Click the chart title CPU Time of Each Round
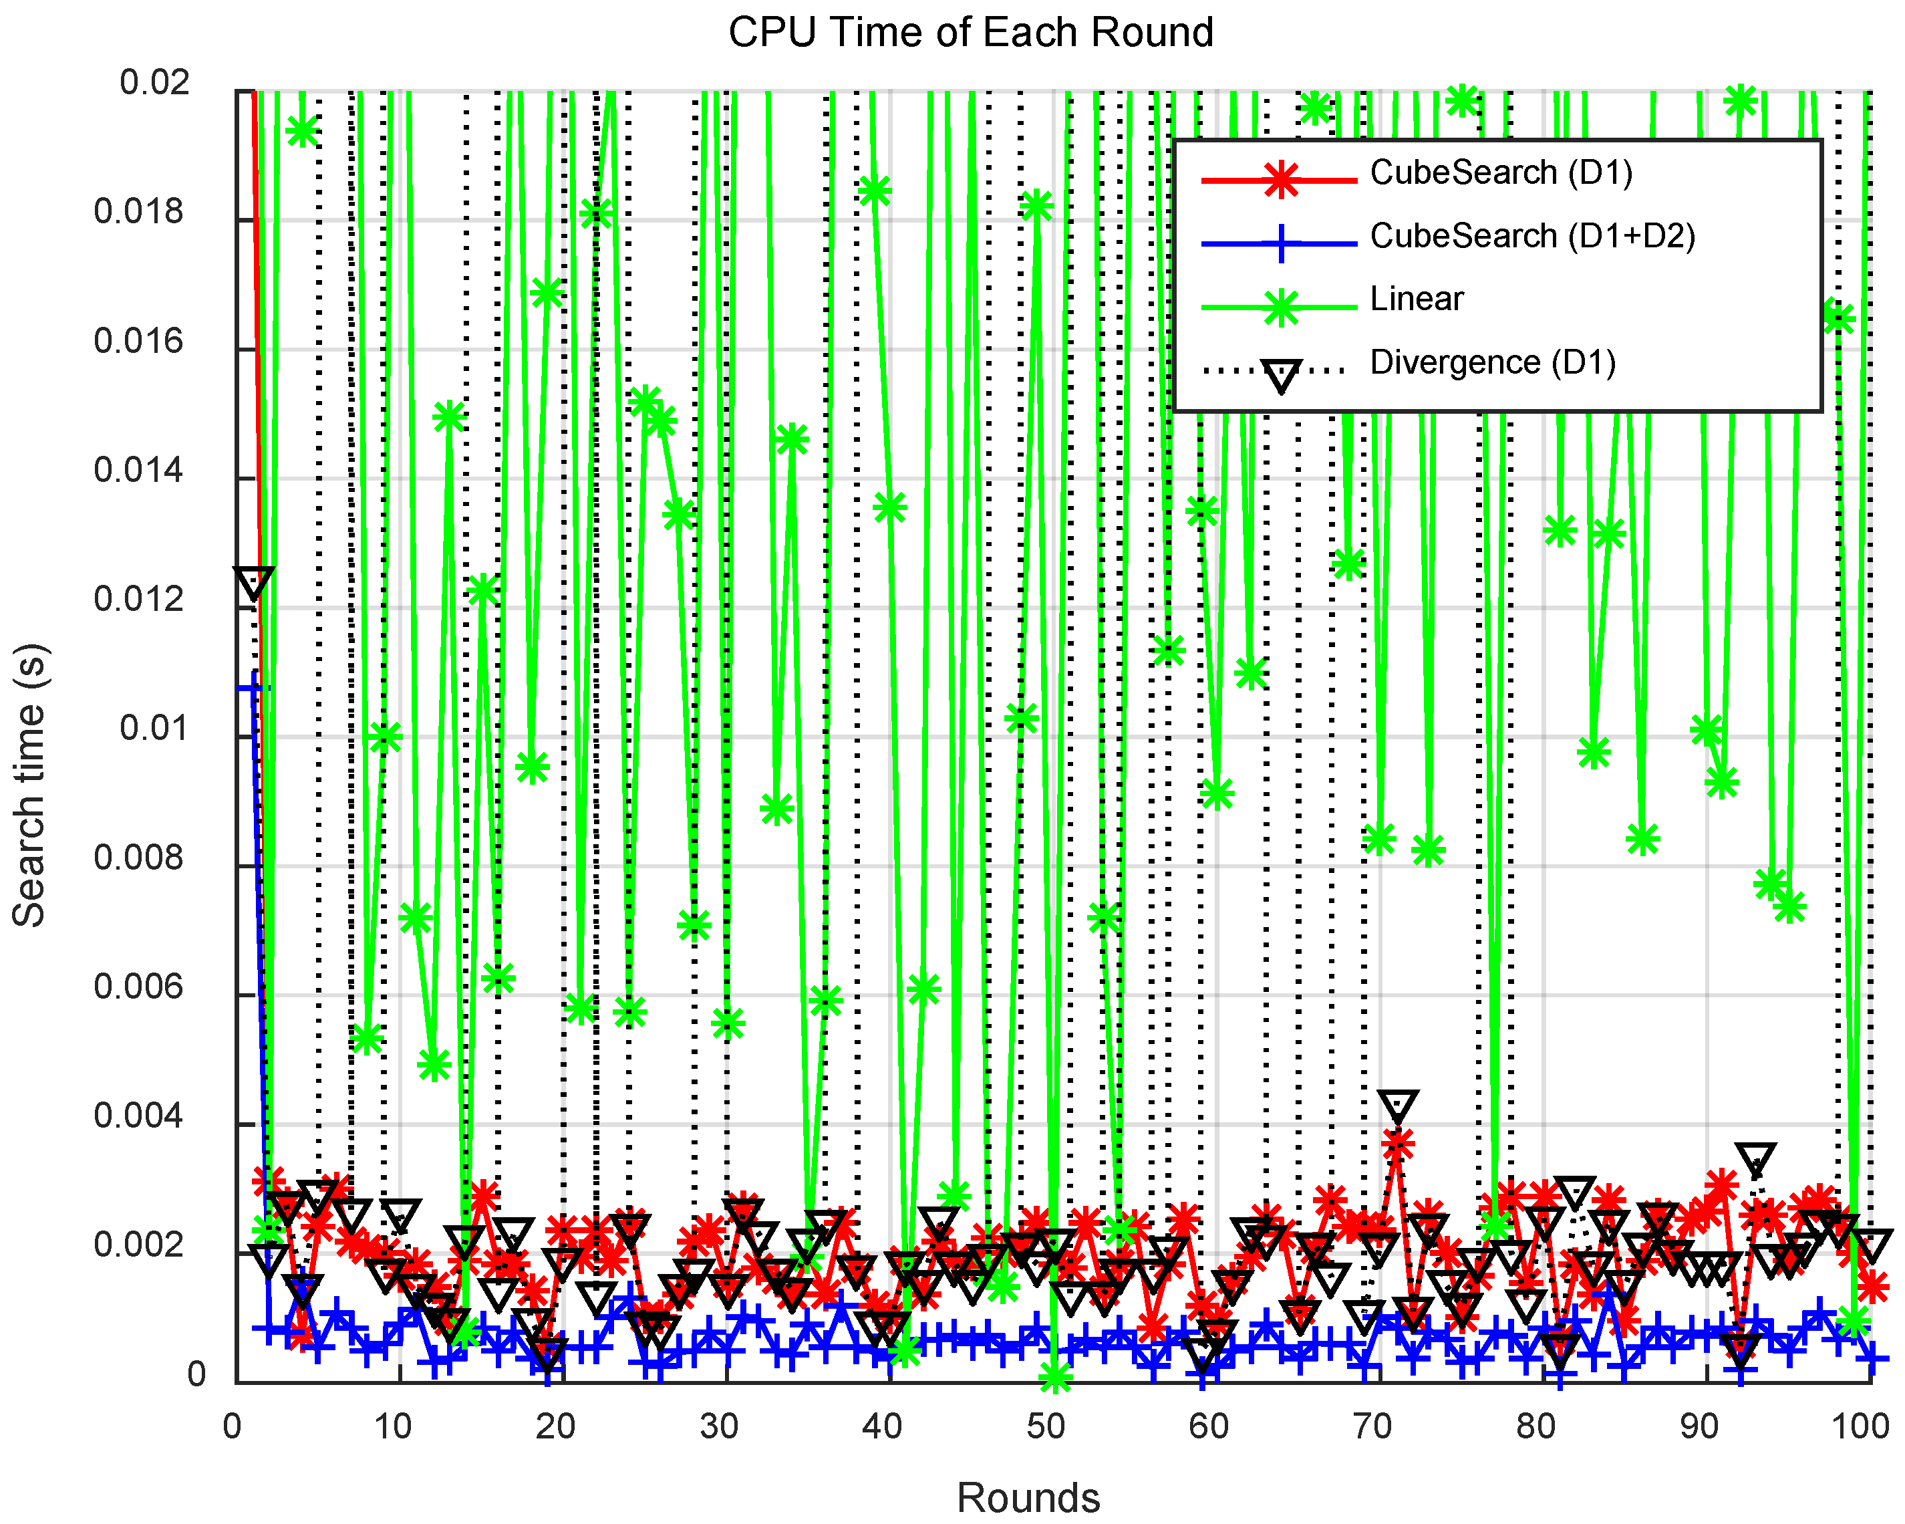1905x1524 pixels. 970,33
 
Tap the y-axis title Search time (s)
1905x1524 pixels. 30,785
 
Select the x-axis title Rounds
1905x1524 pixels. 1028,1497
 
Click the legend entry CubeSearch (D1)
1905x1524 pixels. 1500,172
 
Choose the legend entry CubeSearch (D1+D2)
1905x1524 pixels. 1532,236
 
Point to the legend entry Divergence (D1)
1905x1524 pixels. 1492,362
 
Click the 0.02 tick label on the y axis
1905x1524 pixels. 154,83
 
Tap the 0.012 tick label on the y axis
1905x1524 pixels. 139,600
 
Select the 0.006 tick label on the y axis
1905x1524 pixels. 139,987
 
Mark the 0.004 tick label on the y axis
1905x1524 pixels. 139,1116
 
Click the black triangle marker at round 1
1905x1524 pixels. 254,584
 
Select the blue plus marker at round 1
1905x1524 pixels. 255,688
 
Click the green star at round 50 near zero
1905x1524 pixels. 1054,1376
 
